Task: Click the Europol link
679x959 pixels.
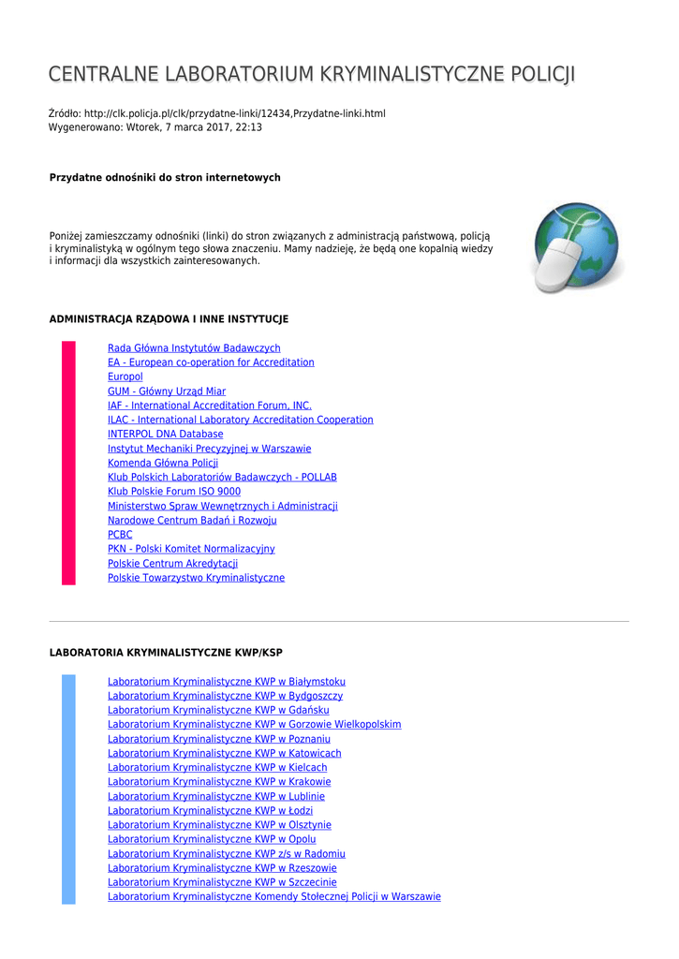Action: (x=125, y=376)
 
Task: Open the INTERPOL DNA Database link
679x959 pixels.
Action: (x=165, y=435)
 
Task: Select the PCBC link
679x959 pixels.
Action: (x=120, y=535)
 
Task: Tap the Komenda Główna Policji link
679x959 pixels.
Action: (x=163, y=463)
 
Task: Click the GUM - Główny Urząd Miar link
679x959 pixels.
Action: (x=167, y=391)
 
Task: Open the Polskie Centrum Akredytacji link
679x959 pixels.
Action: (x=172, y=564)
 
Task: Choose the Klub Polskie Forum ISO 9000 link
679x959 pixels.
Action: (x=174, y=492)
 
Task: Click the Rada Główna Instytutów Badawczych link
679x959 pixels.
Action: (x=194, y=348)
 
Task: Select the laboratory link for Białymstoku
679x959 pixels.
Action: (x=226, y=682)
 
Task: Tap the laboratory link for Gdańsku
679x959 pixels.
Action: (x=218, y=711)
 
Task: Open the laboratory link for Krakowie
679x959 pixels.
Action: (x=219, y=782)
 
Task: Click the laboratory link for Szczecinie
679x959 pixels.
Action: (x=222, y=882)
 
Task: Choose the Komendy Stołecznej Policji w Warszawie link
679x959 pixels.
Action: (x=273, y=897)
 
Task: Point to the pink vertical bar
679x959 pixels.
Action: (x=68, y=463)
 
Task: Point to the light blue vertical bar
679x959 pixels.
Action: (x=68, y=789)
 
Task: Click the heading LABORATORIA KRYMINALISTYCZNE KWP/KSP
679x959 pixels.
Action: (x=166, y=652)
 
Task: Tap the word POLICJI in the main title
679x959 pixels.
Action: (x=541, y=75)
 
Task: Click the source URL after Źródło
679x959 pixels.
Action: (x=234, y=113)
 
